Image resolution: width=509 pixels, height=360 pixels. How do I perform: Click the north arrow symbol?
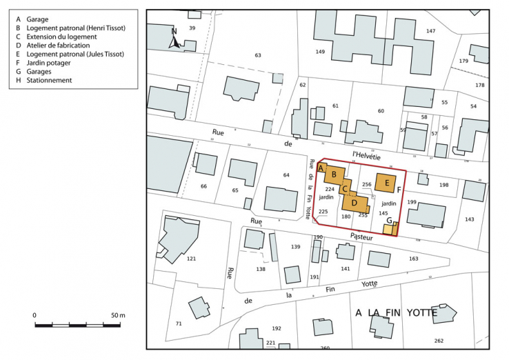tap(175, 41)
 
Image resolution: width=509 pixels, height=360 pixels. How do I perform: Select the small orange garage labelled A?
tap(321, 169)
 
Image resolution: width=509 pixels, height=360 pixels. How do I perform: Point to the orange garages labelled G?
tap(390, 228)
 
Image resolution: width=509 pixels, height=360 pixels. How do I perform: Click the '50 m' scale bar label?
tap(118, 315)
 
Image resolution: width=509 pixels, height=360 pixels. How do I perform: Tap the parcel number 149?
tap(320, 52)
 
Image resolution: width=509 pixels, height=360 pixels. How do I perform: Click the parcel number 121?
tap(191, 259)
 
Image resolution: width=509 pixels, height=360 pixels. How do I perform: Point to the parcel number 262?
tap(439, 341)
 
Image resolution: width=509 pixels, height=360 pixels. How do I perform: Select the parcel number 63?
tap(258, 55)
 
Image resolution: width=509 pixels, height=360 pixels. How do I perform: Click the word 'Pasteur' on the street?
tap(361, 237)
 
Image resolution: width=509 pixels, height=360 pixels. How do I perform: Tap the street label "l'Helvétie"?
tap(366, 154)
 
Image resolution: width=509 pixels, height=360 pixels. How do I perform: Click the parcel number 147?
tap(431, 31)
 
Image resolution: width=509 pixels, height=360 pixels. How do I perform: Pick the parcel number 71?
tap(179, 323)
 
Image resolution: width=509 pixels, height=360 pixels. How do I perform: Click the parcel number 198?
tap(443, 185)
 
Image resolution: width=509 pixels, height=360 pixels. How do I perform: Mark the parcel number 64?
tap(286, 175)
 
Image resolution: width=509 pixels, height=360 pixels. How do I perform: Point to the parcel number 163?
tap(414, 259)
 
